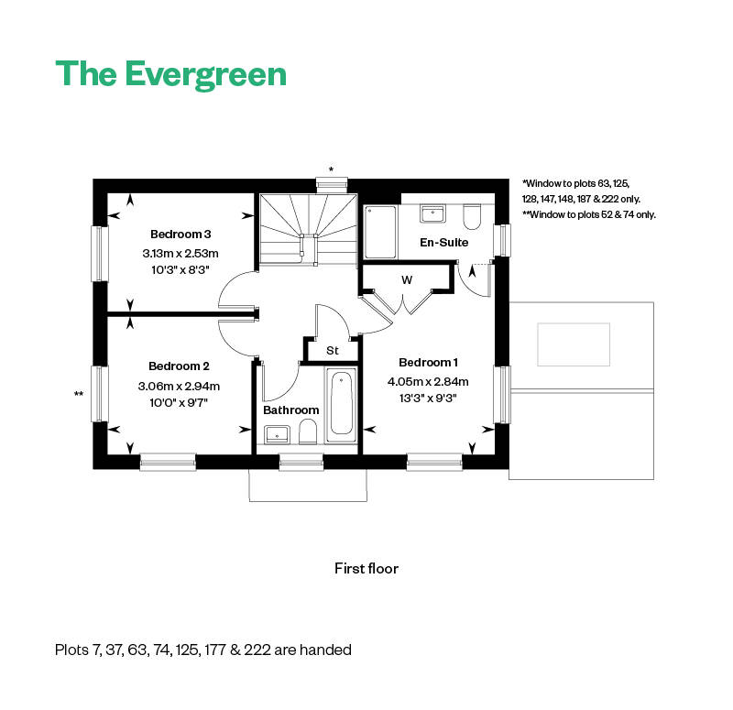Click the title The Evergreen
(170, 73)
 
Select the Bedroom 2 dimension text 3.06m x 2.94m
(181, 385)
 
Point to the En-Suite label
(443, 243)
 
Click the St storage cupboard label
(332, 350)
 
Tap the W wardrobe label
(407, 279)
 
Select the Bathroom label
(290, 410)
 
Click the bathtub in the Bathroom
(340, 404)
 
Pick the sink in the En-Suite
(432, 214)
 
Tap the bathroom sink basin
(278, 434)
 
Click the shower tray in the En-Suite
(380, 232)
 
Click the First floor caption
(366, 568)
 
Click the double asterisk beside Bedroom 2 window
(79, 394)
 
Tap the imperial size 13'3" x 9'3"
(428, 398)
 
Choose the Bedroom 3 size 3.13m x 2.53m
(181, 253)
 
